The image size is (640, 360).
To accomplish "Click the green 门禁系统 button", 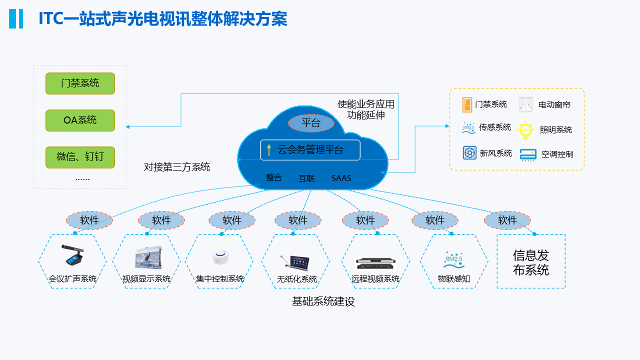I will coord(80,83).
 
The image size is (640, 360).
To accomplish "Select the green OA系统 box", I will coord(80,120).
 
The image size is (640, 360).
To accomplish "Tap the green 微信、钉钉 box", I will coord(80,157).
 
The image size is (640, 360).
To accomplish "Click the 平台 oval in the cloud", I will coord(311,123).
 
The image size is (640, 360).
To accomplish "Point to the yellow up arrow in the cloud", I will coord(269,149).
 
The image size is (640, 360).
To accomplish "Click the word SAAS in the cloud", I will coord(341,178).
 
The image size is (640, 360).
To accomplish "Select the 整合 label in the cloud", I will coord(274,177).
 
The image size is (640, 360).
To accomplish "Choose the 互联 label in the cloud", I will coord(306,178).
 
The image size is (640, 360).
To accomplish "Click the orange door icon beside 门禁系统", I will coord(467,104).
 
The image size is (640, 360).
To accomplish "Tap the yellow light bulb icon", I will coord(525,130).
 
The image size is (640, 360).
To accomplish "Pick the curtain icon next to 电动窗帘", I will coord(526,104).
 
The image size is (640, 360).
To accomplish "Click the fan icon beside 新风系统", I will coord(469,153).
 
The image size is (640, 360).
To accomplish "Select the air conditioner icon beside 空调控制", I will coord(528,154).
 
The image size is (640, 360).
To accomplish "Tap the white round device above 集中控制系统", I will coord(219,257).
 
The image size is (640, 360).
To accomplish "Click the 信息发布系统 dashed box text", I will coord(531,262).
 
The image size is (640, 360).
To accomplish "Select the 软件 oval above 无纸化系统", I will coord(298,220).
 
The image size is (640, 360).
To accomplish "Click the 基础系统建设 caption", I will coord(323,301).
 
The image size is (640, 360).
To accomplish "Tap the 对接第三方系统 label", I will coord(177,167).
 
